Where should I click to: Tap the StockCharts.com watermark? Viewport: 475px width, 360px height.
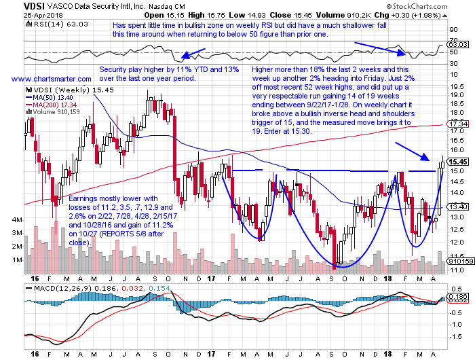point(440,6)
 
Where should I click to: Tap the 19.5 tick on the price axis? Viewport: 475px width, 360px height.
point(457,87)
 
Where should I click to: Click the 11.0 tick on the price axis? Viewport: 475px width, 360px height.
point(457,269)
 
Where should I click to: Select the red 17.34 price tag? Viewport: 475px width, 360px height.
point(459,124)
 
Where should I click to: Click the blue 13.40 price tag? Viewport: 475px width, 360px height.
point(459,206)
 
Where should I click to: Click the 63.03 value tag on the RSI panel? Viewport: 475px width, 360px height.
point(459,44)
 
